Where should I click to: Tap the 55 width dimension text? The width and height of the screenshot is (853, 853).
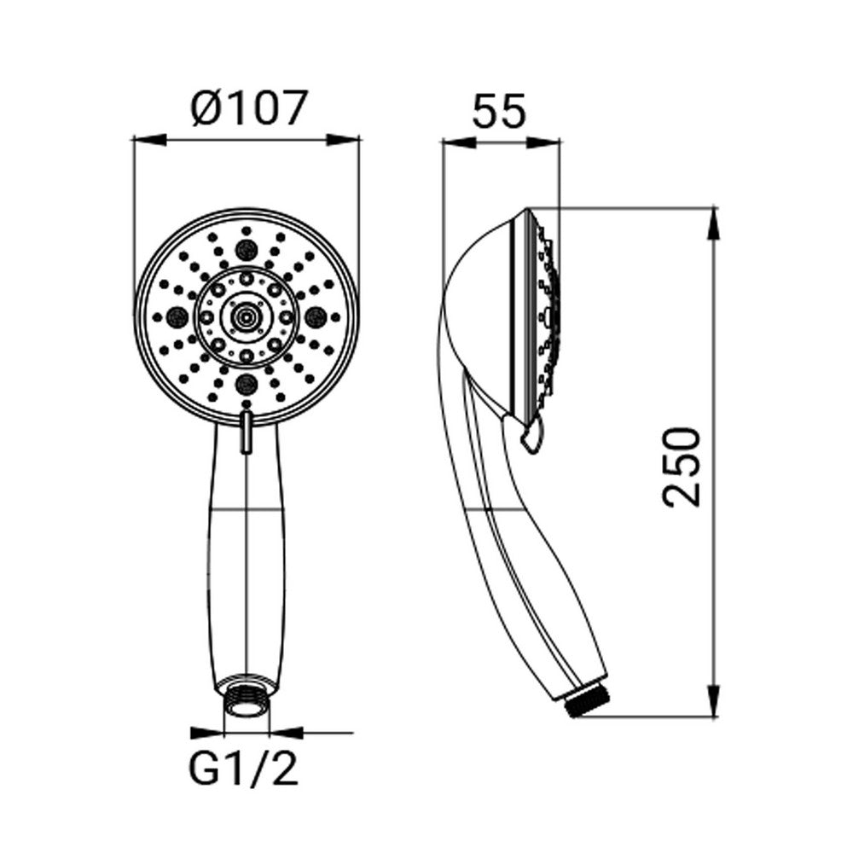tap(499, 111)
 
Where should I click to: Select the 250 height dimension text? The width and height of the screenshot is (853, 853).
tap(681, 467)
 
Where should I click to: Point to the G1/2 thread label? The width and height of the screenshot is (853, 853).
tap(243, 768)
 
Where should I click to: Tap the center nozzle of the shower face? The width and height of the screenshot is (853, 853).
tap(247, 316)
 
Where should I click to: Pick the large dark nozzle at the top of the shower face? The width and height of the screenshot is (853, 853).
tap(247, 250)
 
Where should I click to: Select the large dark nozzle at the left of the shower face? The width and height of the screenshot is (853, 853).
tap(177, 316)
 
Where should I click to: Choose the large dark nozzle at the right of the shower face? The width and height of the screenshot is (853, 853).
tap(316, 316)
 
